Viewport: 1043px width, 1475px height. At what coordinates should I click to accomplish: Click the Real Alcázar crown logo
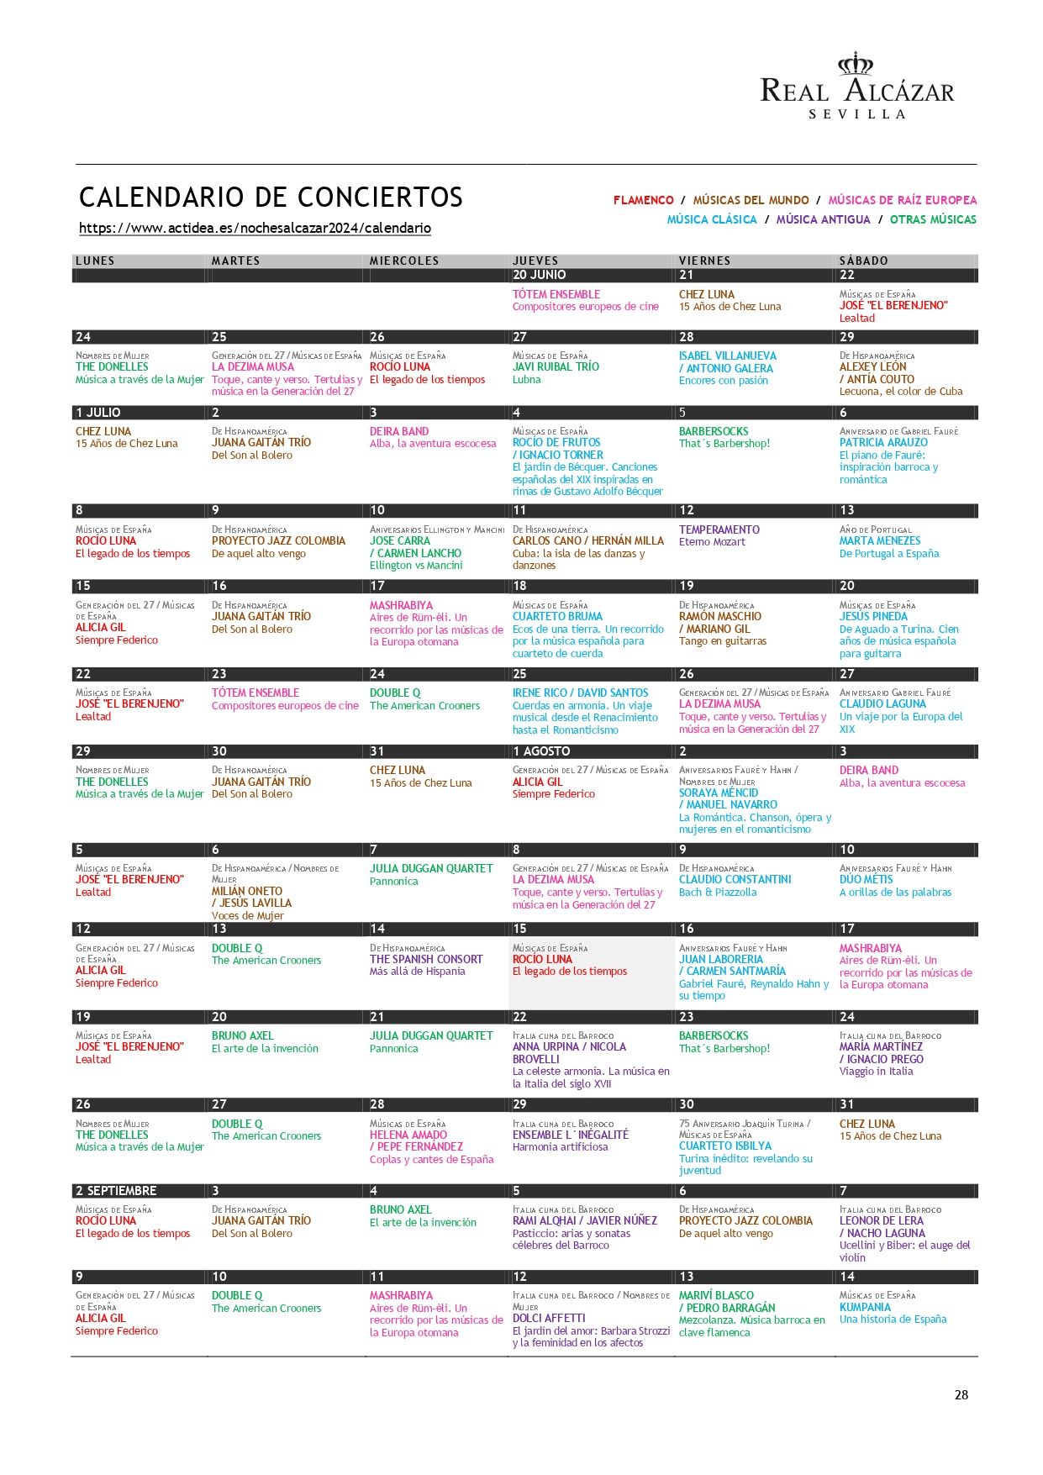(856, 64)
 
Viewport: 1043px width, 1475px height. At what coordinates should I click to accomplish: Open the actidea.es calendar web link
(255, 228)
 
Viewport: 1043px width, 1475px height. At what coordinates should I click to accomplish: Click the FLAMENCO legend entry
(643, 200)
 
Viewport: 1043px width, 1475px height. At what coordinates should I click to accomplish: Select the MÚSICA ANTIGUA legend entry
(823, 219)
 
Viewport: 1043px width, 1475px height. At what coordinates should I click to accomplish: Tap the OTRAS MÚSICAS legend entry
(933, 219)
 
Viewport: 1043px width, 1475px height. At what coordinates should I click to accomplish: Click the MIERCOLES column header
(404, 261)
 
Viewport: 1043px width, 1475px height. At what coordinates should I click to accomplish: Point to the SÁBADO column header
(863, 261)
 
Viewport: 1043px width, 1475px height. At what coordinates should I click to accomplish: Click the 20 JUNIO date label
(539, 275)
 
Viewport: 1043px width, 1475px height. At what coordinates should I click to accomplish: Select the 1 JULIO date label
(98, 413)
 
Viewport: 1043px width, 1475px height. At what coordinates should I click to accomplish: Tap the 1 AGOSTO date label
(541, 751)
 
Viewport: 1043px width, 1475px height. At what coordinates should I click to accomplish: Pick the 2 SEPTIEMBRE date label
(116, 1191)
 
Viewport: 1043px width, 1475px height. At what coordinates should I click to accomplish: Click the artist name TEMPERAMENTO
(719, 529)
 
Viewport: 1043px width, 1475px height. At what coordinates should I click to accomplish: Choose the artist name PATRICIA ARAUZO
(883, 442)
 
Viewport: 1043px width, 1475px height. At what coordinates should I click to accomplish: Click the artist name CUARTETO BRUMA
(557, 616)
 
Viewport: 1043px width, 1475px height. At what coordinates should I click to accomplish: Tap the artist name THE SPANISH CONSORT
(426, 959)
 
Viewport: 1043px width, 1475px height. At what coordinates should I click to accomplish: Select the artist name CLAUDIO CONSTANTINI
(735, 879)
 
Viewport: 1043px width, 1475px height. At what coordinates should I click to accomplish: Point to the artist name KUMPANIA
(865, 1307)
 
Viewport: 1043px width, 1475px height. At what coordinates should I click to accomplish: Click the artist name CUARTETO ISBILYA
(724, 1146)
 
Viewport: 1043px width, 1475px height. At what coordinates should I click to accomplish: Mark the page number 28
(961, 1394)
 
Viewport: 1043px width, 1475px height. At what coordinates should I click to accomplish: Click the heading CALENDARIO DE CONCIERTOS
(271, 197)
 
